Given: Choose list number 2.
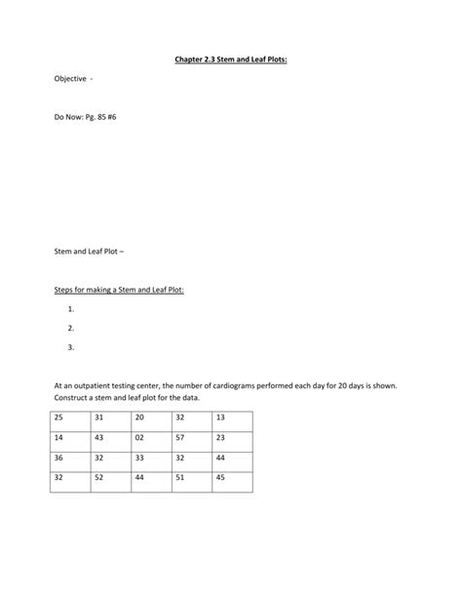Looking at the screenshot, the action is click(72, 329).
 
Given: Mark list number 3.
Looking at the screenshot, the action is click(72, 347).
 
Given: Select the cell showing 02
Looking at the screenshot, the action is click(139, 437).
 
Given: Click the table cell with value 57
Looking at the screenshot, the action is click(180, 437).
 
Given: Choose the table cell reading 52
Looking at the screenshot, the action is click(99, 477).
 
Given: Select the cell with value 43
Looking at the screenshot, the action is click(99, 437).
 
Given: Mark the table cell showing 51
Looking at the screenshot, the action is click(180, 477).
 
